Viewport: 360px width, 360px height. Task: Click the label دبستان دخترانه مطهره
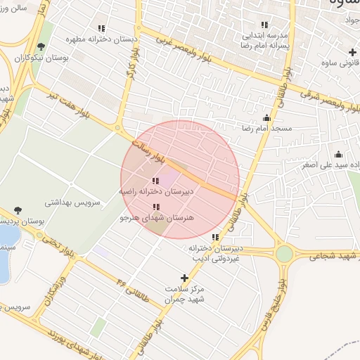[101, 40]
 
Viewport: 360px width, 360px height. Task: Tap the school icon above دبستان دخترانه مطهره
[101, 29]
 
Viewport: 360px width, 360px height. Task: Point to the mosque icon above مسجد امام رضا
[266, 118]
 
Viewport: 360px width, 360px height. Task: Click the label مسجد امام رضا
[266, 129]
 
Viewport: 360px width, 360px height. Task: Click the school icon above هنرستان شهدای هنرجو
[156, 207]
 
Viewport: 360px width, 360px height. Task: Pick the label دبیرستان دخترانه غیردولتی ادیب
[216, 253]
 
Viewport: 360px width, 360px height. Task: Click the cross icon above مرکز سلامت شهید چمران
[185, 278]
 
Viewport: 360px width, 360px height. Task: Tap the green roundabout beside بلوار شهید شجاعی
[284, 254]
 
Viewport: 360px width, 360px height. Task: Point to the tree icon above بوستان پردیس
[18, 210]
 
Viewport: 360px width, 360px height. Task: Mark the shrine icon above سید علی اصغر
[339, 155]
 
